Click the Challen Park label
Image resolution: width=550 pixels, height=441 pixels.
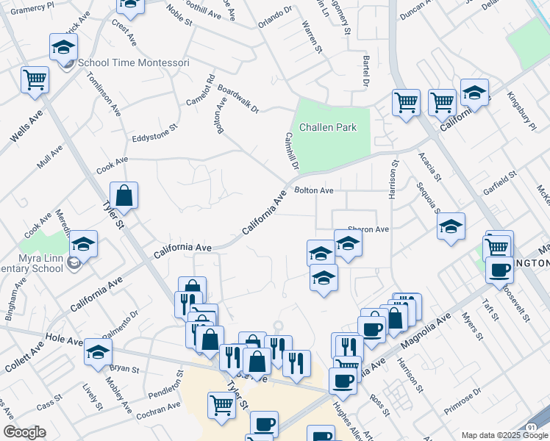coord(325,127)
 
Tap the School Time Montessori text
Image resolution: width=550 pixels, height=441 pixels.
coord(133,63)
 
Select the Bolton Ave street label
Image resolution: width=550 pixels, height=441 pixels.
coord(314,191)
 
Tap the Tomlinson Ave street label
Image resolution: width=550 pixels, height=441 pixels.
coord(104,95)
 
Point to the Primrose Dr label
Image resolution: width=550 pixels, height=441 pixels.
coord(462,401)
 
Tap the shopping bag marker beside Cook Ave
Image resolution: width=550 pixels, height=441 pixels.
coord(124,196)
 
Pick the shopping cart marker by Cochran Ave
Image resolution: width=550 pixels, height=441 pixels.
coord(221,404)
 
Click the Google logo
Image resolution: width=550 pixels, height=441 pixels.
coord(24,433)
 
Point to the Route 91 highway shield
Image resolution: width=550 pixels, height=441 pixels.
coord(531,427)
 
